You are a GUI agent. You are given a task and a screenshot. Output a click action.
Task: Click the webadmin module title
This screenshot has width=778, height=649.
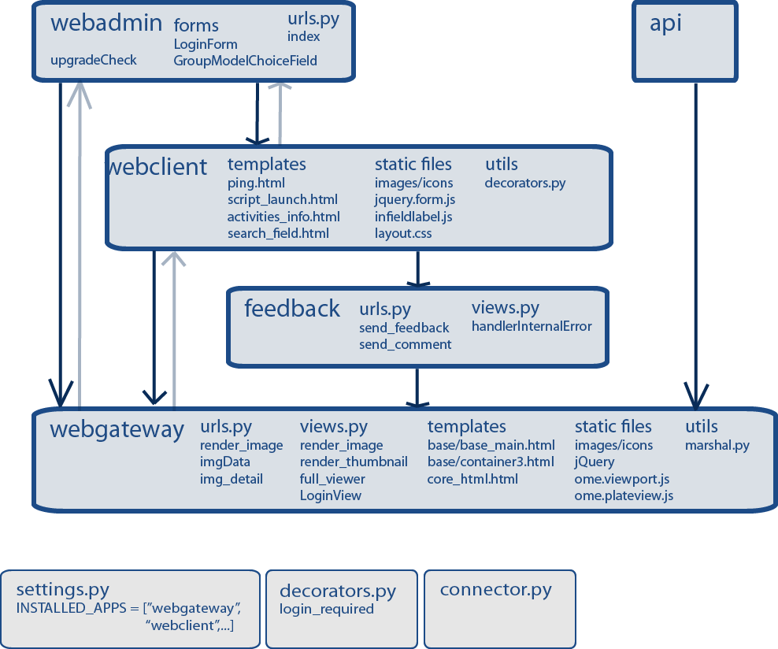point(106,23)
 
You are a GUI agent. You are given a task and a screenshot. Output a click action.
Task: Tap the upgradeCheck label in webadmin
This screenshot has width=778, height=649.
point(94,60)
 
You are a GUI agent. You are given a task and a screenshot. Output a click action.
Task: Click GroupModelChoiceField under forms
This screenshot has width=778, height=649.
point(245,60)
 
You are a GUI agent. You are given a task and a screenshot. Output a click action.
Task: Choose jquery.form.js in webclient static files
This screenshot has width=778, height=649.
point(414,200)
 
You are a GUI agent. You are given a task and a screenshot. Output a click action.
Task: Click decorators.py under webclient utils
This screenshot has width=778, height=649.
point(524,183)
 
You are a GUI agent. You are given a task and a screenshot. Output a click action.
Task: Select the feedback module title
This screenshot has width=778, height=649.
point(291,308)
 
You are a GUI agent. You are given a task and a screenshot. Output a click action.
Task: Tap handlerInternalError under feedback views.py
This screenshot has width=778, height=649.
point(532,326)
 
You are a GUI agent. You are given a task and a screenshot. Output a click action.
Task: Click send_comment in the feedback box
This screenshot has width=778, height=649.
point(405,344)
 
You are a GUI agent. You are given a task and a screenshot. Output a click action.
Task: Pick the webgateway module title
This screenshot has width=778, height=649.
point(117,429)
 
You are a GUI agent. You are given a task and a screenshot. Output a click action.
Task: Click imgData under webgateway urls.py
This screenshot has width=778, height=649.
point(224,462)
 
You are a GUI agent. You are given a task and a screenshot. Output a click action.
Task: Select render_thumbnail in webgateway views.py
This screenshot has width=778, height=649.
point(354,462)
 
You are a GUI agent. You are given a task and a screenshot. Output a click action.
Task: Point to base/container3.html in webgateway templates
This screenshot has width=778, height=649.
point(491,462)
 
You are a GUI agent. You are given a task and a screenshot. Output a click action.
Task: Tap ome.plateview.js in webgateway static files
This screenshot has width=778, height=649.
point(624,495)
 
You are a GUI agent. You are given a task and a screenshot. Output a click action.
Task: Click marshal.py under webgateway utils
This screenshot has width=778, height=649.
point(717,445)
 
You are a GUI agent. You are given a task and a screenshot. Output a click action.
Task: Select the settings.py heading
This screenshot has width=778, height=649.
point(62,589)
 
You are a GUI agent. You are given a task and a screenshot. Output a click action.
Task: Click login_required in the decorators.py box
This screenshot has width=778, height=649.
point(327,609)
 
